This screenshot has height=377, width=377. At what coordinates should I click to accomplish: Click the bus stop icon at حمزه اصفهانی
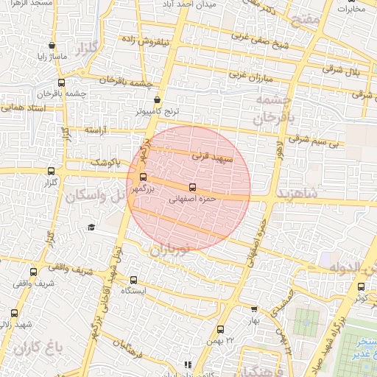[x=193, y=188]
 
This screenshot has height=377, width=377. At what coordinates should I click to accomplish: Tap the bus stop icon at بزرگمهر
[x=143, y=177]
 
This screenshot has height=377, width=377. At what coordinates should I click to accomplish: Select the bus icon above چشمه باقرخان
[x=61, y=83]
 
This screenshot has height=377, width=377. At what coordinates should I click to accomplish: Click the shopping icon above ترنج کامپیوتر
[x=157, y=100]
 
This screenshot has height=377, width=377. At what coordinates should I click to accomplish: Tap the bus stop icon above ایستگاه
[x=133, y=280]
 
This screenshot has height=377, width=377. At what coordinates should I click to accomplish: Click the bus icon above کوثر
[x=361, y=286]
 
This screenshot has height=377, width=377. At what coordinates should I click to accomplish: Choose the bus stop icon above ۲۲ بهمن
[x=220, y=329]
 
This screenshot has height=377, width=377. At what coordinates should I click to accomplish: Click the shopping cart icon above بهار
[x=255, y=310]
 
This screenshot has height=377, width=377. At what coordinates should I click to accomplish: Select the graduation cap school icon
[x=91, y=227]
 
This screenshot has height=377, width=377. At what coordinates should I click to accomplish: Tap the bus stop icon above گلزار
[x=51, y=170]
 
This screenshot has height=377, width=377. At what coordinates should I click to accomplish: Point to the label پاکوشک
[x=103, y=162]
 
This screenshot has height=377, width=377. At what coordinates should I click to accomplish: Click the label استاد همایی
[x=21, y=108]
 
